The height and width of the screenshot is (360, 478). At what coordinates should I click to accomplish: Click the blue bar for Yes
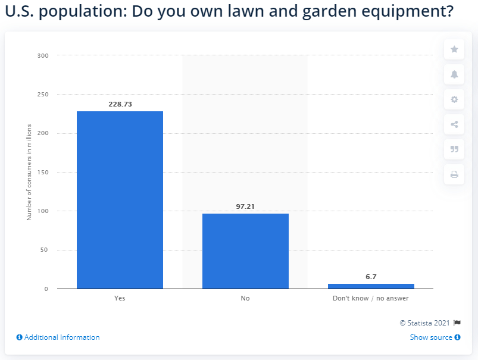[120, 200]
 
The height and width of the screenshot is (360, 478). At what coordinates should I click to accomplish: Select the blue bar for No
[245, 251]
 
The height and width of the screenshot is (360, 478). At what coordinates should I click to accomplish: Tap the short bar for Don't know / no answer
[371, 286]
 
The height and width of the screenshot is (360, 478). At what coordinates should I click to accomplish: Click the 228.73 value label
[120, 104]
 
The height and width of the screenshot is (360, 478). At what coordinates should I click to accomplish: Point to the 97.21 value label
[245, 206]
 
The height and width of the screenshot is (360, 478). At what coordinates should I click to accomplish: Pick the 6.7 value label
[371, 277]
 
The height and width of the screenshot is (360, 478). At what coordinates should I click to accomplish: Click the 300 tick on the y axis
[43, 56]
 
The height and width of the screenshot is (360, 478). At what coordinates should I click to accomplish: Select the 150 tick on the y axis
[43, 173]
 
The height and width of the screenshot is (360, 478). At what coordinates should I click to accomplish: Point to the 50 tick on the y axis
[45, 250]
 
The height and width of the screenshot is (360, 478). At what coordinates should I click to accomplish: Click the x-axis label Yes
[120, 298]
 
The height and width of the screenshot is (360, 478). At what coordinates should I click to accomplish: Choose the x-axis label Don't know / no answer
[371, 298]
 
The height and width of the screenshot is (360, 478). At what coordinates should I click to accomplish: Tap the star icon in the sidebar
[454, 49]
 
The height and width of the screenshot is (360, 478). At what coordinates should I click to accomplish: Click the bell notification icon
[454, 74]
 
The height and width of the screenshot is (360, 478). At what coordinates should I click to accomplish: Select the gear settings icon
[454, 99]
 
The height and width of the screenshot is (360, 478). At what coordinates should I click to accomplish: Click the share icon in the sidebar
[454, 124]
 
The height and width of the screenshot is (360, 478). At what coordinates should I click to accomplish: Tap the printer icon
[454, 174]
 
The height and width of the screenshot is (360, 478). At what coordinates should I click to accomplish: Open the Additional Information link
[58, 337]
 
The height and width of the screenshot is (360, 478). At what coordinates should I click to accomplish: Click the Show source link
[435, 337]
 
